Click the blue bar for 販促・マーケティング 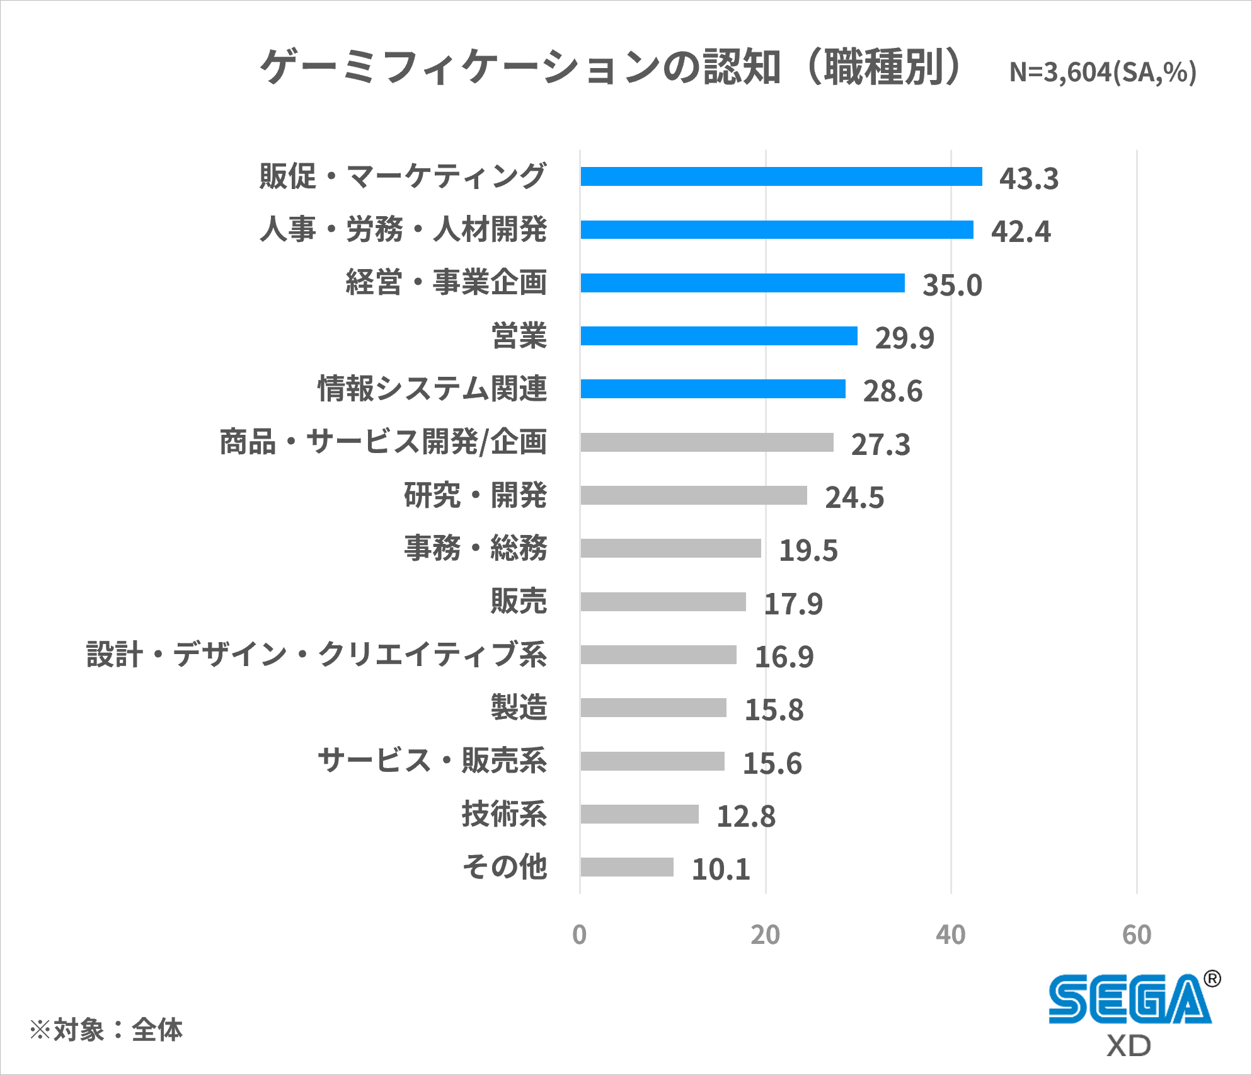[781, 176]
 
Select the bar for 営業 [718, 336]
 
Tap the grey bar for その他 [626, 867]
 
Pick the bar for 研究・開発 [693, 495]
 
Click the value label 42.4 [1021, 231]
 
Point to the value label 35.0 [952, 285]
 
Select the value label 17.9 [793, 604]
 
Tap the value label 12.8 [746, 817]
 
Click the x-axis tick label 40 [950, 935]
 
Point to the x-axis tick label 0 [579, 935]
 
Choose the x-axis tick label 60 [1137, 935]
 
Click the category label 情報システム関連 [432, 388]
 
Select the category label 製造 [519, 707]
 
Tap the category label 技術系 [504, 813]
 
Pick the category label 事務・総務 [476, 548]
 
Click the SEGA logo [1130, 999]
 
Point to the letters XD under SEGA [1129, 1047]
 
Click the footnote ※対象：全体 [106, 1030]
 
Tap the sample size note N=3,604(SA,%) [1103, 72]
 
